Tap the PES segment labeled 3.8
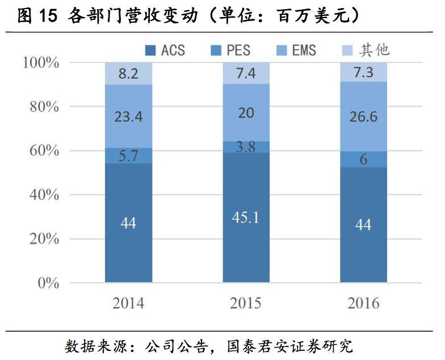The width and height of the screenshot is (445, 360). [x=246, y=147]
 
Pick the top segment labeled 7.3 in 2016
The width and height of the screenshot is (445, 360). [x=363, y=72]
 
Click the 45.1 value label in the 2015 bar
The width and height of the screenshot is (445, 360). [x=246, y=217]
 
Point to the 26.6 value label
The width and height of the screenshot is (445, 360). [x=363, y=117]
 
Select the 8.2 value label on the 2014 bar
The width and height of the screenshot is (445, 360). [x=129, y=73]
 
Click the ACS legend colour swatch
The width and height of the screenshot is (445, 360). [x=151, y=50]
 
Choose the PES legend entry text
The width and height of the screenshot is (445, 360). [x=238, y=50]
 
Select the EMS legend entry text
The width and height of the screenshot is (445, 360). [x=304, y=50]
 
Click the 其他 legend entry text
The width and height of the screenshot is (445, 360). [x=374, y=50]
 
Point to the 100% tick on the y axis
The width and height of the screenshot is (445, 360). [x=41, y=62]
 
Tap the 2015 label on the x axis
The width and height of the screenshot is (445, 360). [x=246, y=303]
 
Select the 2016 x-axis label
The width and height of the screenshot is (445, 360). [x=363, y=303]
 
